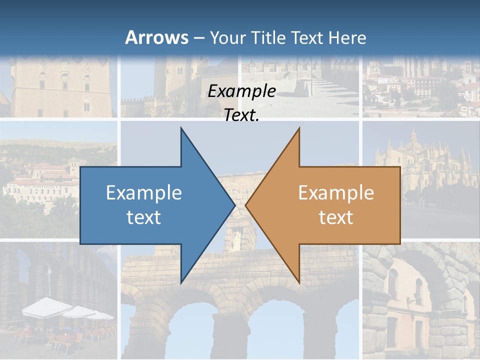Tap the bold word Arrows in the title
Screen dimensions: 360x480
pyautogui.click(x=157, y=37)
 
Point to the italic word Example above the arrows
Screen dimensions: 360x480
pyautogui.click(x=241, y=91)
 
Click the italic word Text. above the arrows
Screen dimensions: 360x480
pyautogui.click(x=241, y=115)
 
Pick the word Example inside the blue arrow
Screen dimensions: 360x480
pyautogui.click(x=144, y=192)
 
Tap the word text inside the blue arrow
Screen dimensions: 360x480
pyautogui.click(x=144, y=217)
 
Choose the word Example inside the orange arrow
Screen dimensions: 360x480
pyautogui.click(x=336, y=192)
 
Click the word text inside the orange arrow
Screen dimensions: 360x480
pyautogui.click(x=336, y=217)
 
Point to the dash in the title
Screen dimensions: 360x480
pyautogui.click(x=198, y=38)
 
